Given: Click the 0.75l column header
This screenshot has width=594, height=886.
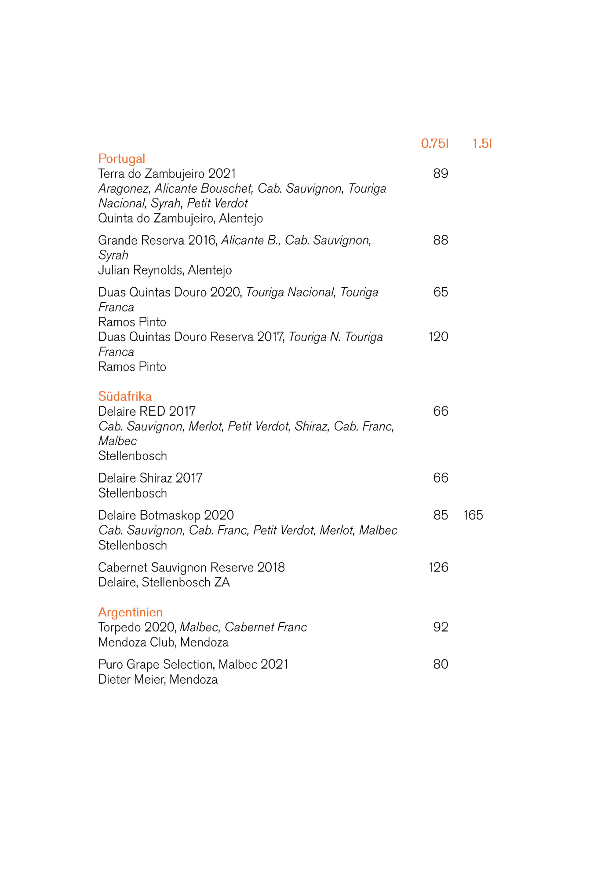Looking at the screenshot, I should click(x=434, y=143).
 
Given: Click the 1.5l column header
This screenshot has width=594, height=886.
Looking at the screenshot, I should click(x=482, y=143).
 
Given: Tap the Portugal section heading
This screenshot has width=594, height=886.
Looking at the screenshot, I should click(x=121, y=158).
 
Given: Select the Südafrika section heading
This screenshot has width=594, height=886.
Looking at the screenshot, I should click(x=125, y=396).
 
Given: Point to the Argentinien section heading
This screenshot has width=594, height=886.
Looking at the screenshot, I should click(x=130, y=612).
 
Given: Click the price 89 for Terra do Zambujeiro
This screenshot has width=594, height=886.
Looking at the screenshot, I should click(x=441, y=173).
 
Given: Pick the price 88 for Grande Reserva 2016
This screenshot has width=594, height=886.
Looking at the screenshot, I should click(x=441, y=240).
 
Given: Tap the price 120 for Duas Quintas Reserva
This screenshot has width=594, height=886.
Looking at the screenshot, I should click(x=438, y=337).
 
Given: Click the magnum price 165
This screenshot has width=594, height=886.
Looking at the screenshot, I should click(x=473, y=515).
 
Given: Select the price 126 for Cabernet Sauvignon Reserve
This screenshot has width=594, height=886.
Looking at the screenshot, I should click(x=438, y=567).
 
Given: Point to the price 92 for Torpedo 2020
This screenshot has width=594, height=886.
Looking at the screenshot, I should click(x=441, y=627).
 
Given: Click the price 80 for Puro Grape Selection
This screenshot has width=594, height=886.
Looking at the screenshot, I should click(x=441, y=664).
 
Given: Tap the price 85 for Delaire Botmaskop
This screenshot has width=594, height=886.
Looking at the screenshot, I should click(x=441, y=515).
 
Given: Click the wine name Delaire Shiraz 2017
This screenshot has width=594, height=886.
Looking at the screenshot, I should click(x=150, y=478).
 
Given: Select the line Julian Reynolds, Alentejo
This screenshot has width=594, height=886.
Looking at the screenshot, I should click(x=165, y=270).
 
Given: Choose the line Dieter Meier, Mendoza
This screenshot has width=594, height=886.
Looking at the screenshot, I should click(x=158, y=679).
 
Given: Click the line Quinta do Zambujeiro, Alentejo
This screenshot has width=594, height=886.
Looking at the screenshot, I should click(x=180, y=218).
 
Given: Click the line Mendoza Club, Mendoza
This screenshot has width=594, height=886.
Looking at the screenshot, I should click(x=163, y=642).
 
